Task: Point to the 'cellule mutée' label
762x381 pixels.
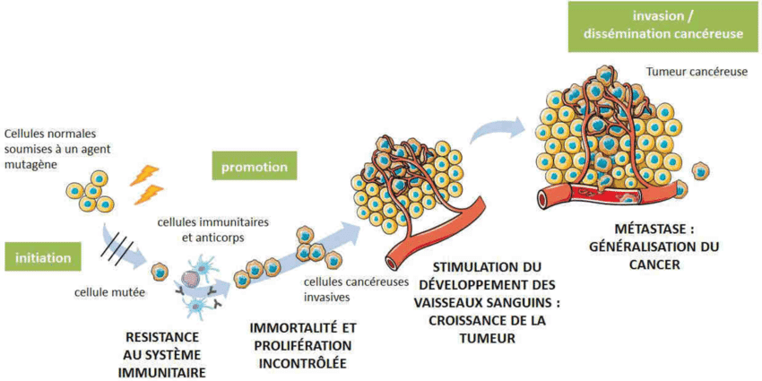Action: (105, 292)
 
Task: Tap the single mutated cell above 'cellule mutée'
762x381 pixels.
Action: (160, 271)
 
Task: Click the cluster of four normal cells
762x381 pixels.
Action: (91, 192)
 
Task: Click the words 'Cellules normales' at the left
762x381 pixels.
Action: (49, 134)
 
